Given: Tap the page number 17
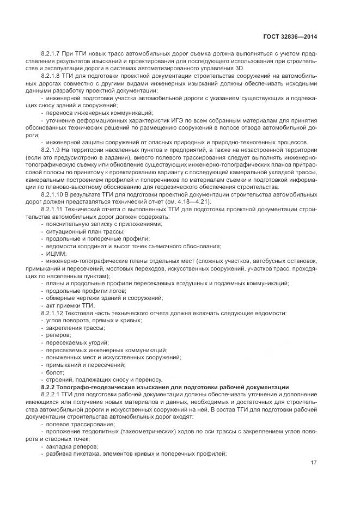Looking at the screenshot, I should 314,462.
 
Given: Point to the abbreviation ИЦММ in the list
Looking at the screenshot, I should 57,253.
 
